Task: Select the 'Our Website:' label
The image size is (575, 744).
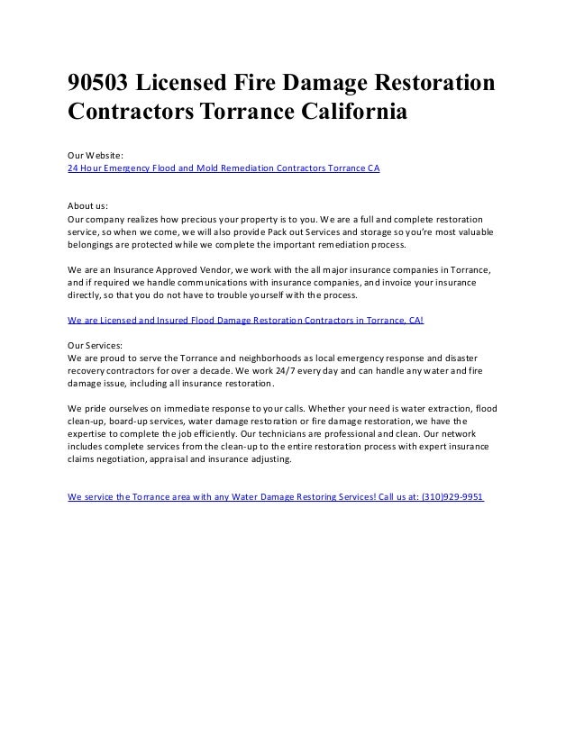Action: (x=96, y=156)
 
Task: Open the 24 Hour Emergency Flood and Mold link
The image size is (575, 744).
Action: (x=224, y=168)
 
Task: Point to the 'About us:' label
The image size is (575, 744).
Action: (x=88, y=206)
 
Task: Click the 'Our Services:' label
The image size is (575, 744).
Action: (x=96, y=345)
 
